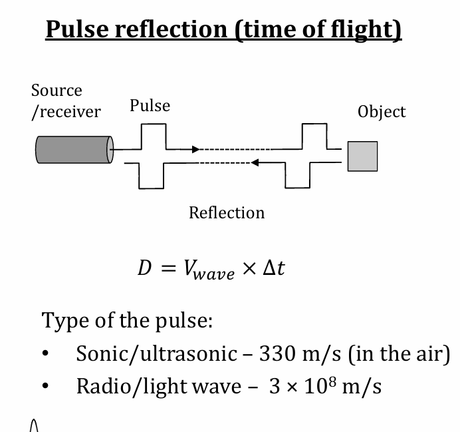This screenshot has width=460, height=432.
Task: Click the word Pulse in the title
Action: (78, 30)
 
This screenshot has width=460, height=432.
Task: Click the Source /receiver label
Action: (65, 101)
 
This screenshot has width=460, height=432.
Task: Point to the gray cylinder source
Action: (73, 149)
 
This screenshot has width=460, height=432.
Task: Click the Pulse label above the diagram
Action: (150, 106)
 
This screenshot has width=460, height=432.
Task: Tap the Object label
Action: (381, 111)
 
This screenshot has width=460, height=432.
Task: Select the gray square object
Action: (362, 156)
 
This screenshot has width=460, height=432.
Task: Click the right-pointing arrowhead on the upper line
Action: (195, 149)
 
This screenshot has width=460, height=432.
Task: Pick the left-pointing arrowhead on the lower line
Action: (255, 162)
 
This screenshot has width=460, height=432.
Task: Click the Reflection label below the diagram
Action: (227, 213)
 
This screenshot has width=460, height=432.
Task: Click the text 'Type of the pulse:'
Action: (128, 321)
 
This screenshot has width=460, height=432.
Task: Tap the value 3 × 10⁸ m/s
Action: (325, 386)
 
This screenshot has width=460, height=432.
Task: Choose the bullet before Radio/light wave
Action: (47, 387)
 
